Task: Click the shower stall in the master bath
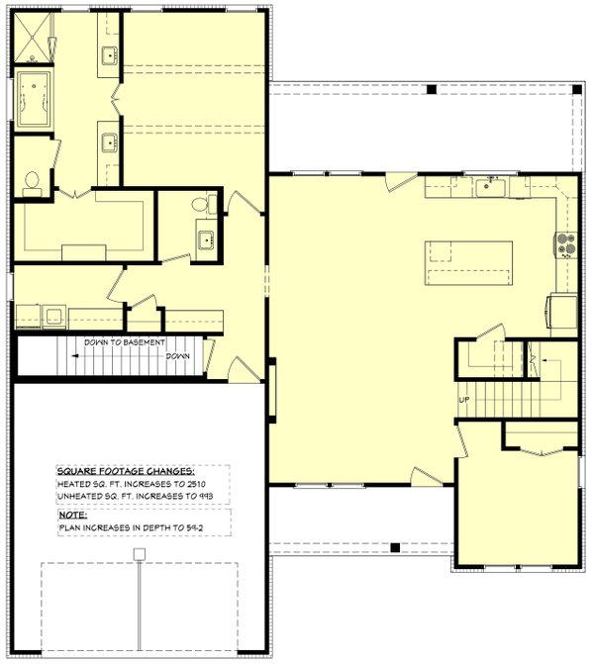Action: click(35, 40)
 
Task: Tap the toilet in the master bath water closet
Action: click(31, 180)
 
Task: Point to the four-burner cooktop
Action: click(565, 243)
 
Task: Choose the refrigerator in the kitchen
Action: click(563, 312)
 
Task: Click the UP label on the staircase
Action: click(463, 400)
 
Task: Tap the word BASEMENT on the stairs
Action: click(127, 342)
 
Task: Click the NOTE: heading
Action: click(71, 515)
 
